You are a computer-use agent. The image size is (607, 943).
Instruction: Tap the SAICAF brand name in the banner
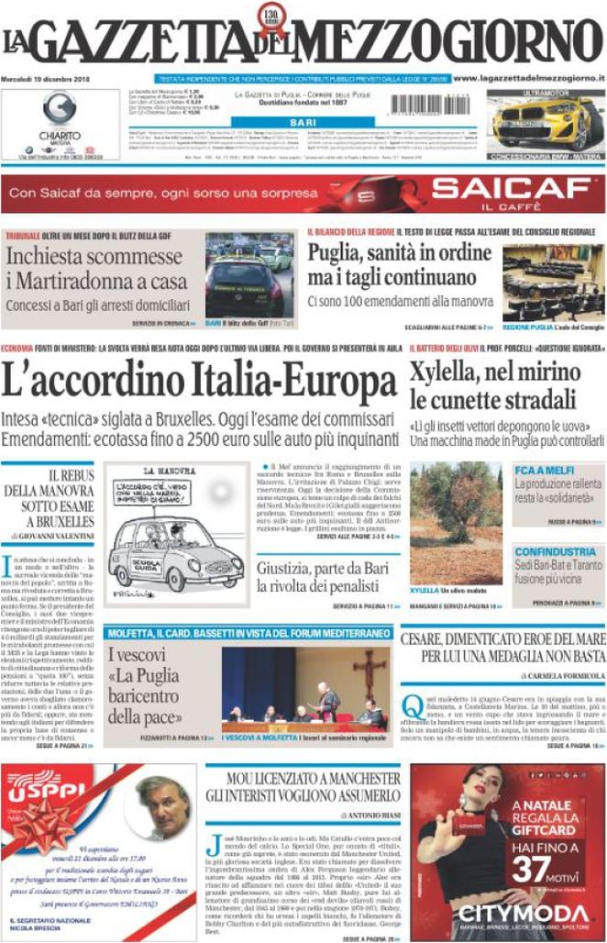510,191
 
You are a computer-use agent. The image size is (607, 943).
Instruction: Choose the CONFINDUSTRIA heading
556,551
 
